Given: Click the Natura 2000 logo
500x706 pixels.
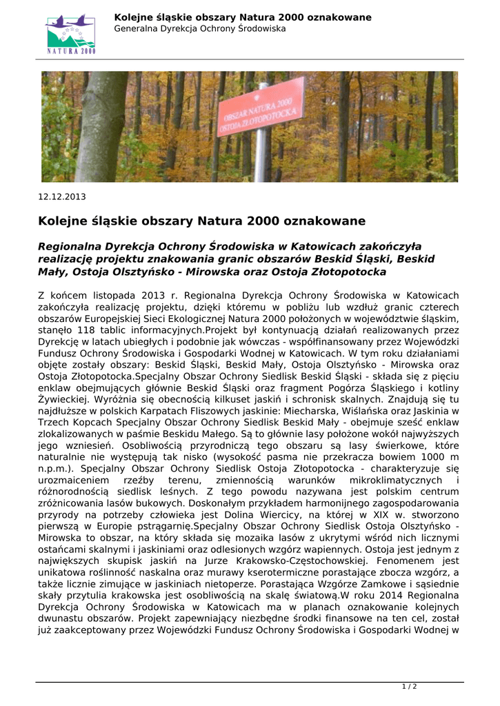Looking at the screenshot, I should point(71,34).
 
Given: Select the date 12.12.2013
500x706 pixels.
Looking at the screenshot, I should point(61,196).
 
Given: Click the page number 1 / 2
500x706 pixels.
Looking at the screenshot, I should point(410,687).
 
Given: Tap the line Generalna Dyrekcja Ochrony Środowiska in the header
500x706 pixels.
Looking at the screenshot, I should point(200,29).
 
